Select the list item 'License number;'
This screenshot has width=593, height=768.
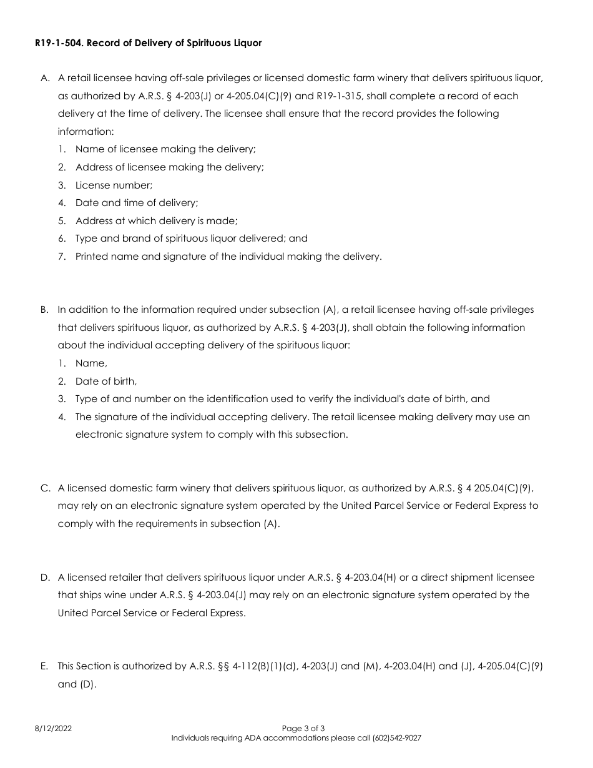(114, 185)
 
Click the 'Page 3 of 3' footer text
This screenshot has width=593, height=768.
(303, 728)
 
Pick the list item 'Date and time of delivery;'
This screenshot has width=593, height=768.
(137, 203)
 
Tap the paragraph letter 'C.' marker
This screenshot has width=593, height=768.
(46, 488)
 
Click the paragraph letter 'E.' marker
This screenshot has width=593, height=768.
(45, 666)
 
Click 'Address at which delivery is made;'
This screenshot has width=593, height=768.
(157, 221)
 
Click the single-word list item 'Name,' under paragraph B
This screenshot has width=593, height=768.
(91, 363)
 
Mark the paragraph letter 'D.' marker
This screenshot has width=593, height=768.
(46, 578)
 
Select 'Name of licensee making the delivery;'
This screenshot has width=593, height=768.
(165, 150)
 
